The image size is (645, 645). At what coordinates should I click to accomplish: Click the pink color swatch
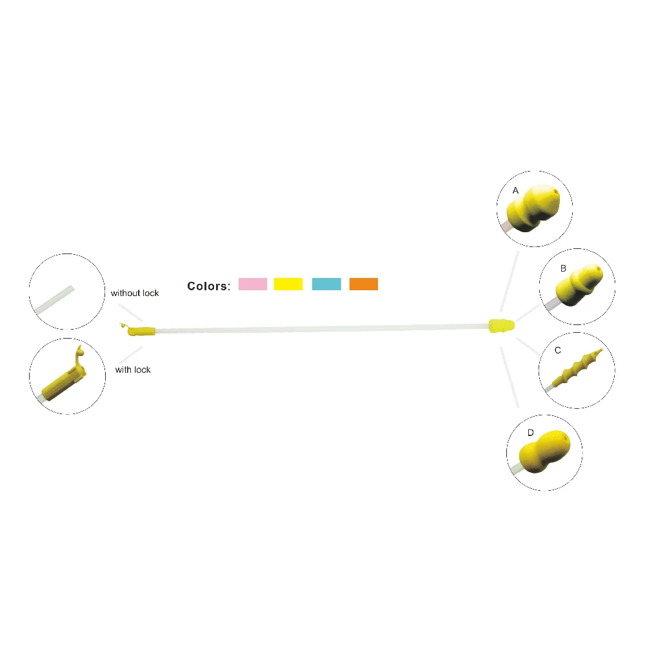[253, 284]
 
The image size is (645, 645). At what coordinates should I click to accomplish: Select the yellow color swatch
[288, 284]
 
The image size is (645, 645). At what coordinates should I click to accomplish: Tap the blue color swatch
[326, 284]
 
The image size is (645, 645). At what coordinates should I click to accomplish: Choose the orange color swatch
[364, 284]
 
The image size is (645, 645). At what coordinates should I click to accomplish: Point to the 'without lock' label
[135, 293]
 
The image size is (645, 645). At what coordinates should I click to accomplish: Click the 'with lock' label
[133, 370]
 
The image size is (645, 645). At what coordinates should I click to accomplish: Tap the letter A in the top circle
[515, 191]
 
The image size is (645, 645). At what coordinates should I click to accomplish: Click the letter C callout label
[558, 350]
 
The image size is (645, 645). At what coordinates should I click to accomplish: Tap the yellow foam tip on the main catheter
[501, 326]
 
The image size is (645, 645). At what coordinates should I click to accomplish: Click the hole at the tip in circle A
[557, 192]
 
